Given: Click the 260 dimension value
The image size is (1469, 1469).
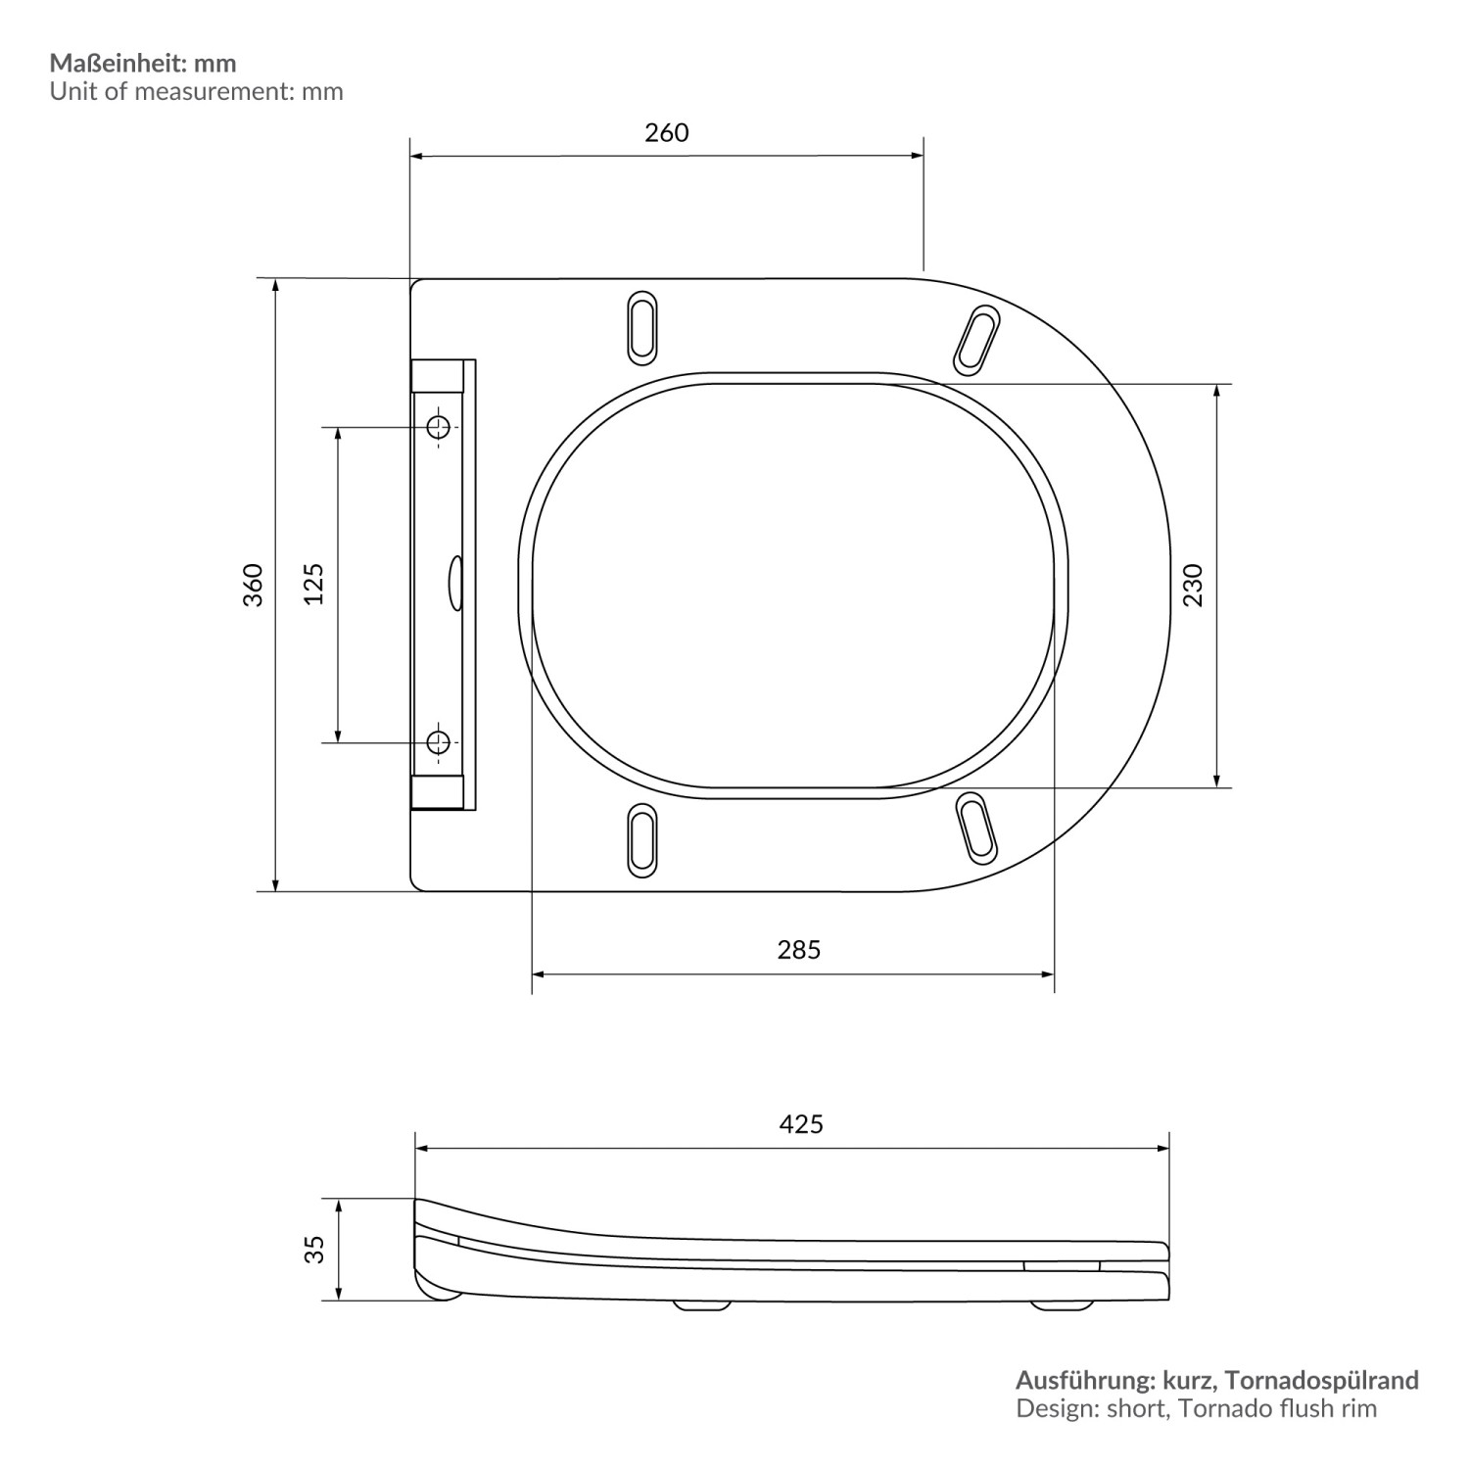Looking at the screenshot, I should pos(666,133).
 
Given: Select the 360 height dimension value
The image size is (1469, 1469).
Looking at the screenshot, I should pos(254,585).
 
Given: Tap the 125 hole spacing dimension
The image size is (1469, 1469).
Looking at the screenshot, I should pos(313,585).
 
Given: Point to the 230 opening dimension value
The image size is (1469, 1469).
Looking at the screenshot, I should pos(1193,585).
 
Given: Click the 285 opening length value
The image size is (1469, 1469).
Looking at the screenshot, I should pos(798,949).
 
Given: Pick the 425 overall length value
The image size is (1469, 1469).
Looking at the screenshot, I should pos(800,1123).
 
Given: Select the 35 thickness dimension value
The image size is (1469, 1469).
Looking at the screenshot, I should pos(313,1250).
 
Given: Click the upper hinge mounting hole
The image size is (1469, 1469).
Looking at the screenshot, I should pos(439,427).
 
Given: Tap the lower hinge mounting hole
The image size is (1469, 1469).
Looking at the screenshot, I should pos(439,742).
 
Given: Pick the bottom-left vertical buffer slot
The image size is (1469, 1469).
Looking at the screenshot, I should pos(641,839).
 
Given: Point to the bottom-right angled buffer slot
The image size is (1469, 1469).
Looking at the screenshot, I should pos(976,829).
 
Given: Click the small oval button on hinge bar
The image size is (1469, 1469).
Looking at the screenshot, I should pos(455,584).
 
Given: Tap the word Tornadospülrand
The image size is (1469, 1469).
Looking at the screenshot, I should pos(1322,1381).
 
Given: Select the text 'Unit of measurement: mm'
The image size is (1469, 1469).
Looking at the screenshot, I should pos(196,92).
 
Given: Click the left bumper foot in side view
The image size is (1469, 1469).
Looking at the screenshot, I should pos(702,1304).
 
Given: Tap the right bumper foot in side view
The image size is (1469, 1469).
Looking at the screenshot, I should pos(1062,1304).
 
